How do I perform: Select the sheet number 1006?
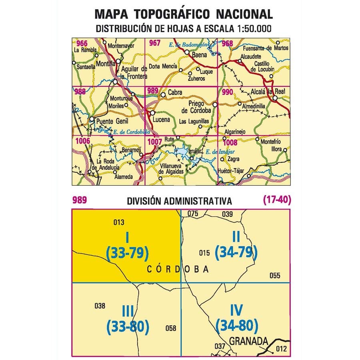tap(82, 140)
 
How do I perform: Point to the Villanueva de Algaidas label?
tap(172, 169)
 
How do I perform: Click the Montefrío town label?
tap(271, 142)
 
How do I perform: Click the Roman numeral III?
tap(127, 311)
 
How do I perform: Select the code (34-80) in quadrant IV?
tap(236, 326)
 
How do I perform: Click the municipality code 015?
tap(204, 252)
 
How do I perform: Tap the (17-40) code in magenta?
tap(276, 200)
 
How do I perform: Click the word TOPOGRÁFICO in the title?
tap(175, 14)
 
